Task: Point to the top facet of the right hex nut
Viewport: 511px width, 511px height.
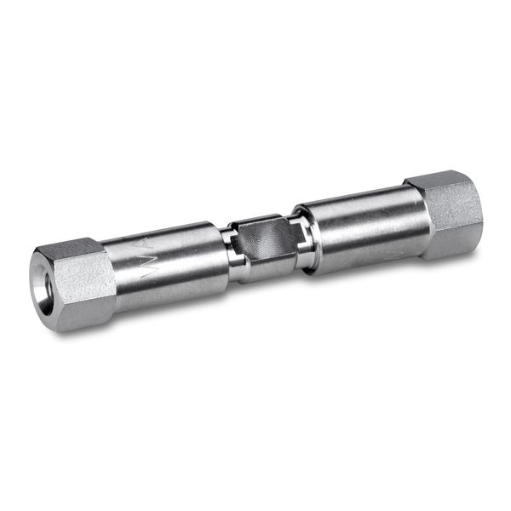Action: pyautogui.click(x=439, y=181)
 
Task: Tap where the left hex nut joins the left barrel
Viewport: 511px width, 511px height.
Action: pyautogui.click(x=111, y=277)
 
